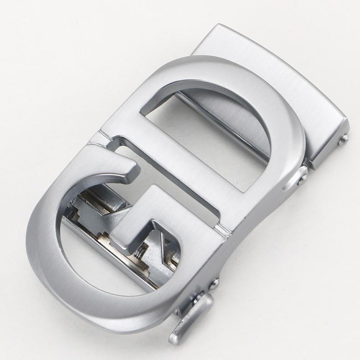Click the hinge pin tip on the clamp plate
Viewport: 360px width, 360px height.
344,137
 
